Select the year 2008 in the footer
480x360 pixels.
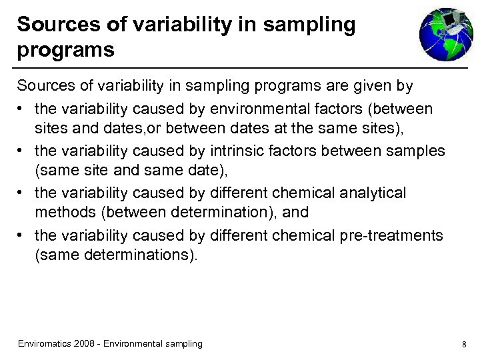pyautogui.click(x=85, y=343)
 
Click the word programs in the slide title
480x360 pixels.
pyautogui.click(x=66, y=49)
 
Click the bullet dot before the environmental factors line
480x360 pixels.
pyautogui.click(x=22, y=109)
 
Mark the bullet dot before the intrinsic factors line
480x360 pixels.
pyautogui.click(x=22, y=151)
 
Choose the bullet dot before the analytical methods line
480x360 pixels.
pyautogui.click(x=22, y=193)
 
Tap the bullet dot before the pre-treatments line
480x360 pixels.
pyautogui.click(x=22, y=236)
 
